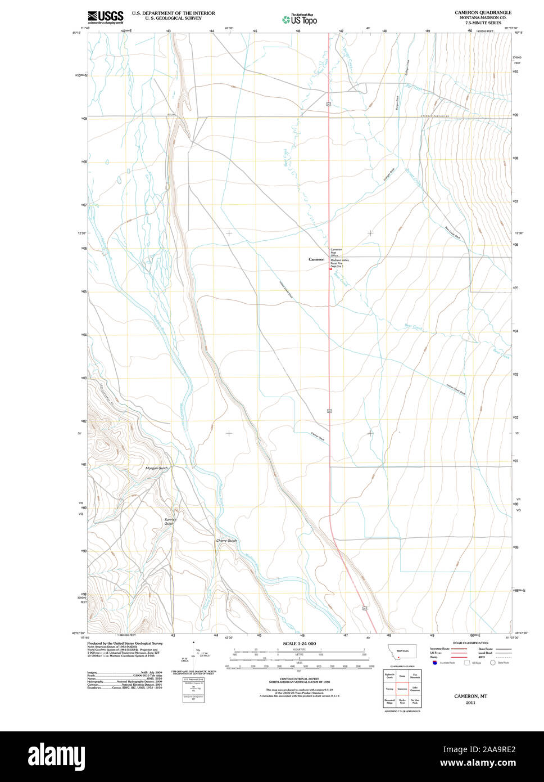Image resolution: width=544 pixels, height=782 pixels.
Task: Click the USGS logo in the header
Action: coord(105,17)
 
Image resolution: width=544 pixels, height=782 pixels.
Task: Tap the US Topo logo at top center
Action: coord(300,19)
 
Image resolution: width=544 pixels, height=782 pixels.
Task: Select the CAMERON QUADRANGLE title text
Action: coord(483,12)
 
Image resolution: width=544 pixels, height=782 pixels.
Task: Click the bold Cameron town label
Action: coord(316,259)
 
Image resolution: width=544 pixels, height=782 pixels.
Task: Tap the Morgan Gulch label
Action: coord(156,468)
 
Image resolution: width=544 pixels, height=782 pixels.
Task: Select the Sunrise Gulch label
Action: coord(170,522)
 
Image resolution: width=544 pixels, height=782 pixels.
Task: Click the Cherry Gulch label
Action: coord(226,541)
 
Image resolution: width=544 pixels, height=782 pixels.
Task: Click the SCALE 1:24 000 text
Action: coord(299,644)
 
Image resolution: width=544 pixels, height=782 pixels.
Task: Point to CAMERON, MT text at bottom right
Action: coord(470,696)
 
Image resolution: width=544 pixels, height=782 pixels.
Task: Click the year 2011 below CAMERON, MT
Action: coord(470,702)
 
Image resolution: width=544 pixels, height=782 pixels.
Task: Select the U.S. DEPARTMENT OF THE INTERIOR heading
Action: coord(173,13)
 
